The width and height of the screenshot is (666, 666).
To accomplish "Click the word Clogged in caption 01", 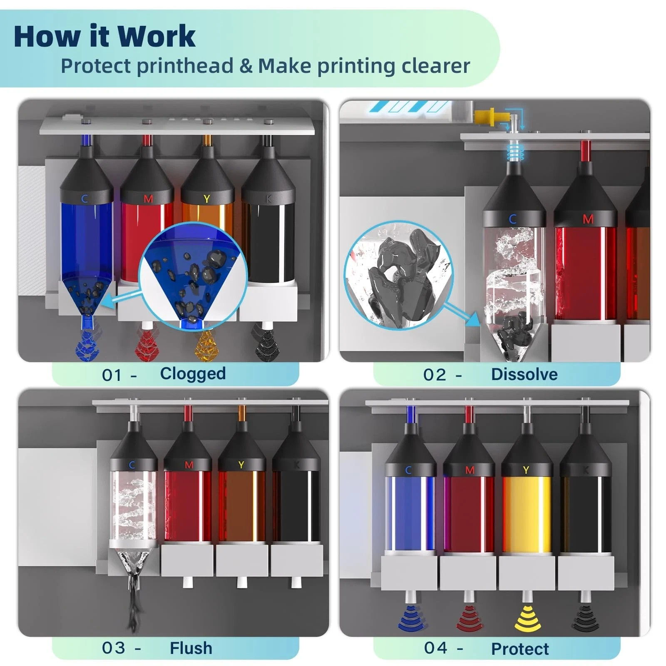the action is (193, 374).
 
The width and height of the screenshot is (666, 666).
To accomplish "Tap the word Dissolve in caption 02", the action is (524, 374).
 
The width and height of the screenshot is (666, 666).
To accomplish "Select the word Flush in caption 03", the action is (191, 648).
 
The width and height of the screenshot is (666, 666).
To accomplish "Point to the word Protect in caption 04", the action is (520, 649).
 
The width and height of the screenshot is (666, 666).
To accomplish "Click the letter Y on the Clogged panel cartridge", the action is (206, 199).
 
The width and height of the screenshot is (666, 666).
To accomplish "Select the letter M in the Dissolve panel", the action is (588, 219).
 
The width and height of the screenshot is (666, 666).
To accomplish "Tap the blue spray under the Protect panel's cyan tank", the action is (411, 618).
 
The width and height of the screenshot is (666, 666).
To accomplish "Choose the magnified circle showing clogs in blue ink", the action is (193, 276).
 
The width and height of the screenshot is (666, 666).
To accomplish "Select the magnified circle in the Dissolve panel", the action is (399, 275).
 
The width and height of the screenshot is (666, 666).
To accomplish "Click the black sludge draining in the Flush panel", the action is (134, 599).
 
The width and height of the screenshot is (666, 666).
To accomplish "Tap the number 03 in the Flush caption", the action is (113, 648).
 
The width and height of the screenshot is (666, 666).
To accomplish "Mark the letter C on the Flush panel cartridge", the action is (132, 465).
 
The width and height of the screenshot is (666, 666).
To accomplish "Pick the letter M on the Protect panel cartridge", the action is (470, 470).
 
